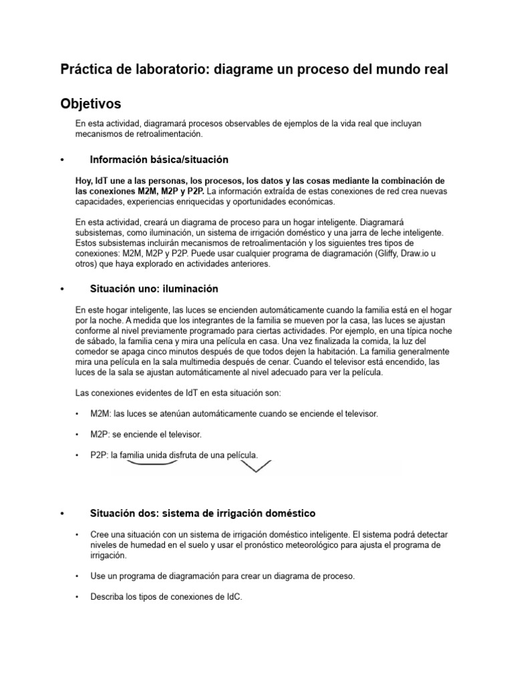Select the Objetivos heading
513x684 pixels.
[x=91, y=104]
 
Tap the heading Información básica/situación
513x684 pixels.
[x=159, y=160]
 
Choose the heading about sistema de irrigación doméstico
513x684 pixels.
[x=203, y=513]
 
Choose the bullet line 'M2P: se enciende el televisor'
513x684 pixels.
[x=146, y=434]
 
